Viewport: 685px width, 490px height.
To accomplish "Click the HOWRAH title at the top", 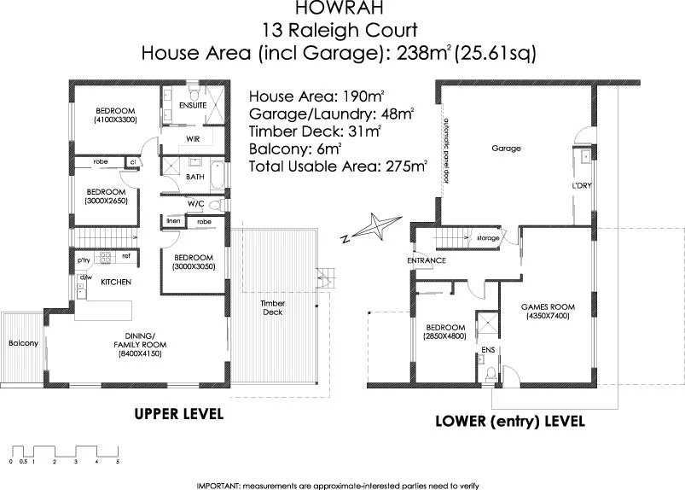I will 340,9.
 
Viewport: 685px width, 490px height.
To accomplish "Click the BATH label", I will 194,178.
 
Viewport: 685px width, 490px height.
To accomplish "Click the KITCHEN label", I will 115,282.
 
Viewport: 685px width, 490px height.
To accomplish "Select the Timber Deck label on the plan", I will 272,307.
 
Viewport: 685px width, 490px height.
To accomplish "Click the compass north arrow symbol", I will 370,228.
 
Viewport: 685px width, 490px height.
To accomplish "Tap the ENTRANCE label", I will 427,260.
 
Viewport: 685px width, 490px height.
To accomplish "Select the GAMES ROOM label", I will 549,306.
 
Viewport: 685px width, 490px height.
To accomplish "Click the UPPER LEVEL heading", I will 179,414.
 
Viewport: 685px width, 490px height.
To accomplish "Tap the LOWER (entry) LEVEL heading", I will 509,421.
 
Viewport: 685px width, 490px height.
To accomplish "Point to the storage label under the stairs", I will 487,238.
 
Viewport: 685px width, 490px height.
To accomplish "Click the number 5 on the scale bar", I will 118,461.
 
